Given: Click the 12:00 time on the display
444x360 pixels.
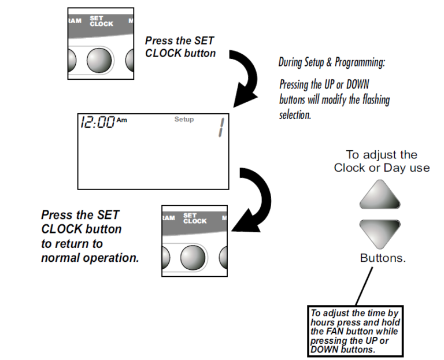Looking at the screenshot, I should pyautogui.click(x=97, y=123).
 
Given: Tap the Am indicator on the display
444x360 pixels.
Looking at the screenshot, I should pyautogui.click(x=121, y=120).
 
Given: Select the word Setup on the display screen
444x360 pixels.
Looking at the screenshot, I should pyautogui.click(x=184, y=120).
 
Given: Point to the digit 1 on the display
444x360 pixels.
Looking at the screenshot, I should pyautogui.click(x=220, y=127).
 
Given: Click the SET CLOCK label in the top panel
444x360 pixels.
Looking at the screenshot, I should pyautogui.click(x=101, y=21).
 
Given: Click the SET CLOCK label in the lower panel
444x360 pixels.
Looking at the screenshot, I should pyautogui.click(x=194, y=218).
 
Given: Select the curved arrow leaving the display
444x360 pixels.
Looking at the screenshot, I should pyautogui.click(x=249, y=196).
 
